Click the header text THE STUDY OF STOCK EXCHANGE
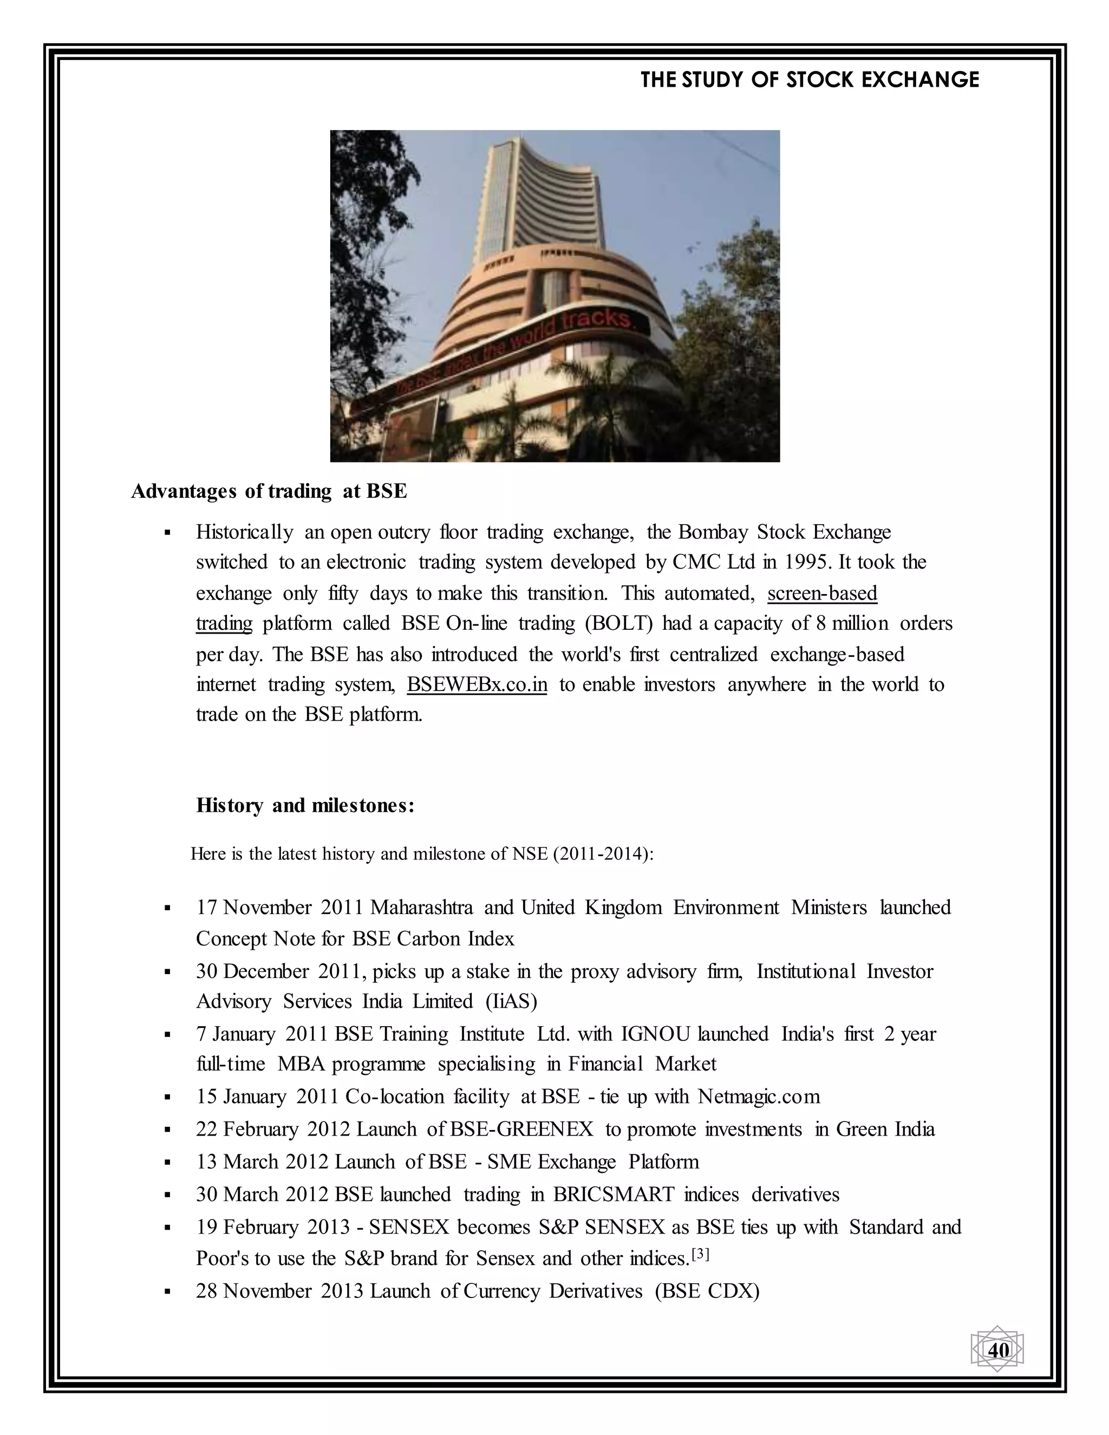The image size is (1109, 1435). [810, 80]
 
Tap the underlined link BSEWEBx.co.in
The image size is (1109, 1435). [477, 684]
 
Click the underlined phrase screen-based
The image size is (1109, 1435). [822, 593]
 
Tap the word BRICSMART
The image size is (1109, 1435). [614, 1194]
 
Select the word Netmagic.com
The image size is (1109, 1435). [759, 1097]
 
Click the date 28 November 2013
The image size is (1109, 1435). [280, 1291]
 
